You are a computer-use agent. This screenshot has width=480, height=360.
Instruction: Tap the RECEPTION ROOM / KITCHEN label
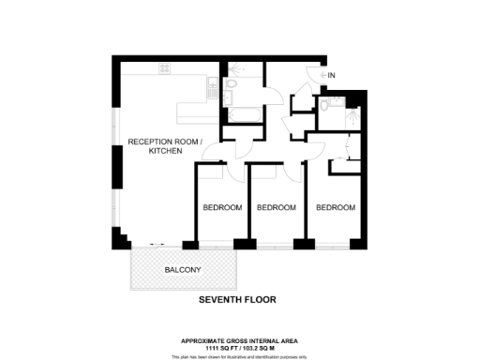(x=164, y=146)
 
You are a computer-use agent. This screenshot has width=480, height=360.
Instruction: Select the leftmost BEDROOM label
(x=222, y=207)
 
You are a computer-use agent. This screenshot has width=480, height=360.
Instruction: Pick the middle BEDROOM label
(x=277, y=207)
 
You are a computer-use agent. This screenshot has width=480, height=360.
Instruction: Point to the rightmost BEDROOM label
(x=336, y=207)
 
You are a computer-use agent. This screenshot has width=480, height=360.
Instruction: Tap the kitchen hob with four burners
(x=166, y=68)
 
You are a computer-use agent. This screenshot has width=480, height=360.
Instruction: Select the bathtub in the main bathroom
(x=243, y=113)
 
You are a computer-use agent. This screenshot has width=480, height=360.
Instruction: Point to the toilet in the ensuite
(x=322, y=106)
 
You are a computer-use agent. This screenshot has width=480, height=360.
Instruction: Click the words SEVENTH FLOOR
(x=237, y=301)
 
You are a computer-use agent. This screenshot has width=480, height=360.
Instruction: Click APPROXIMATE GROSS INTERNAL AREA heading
(x=237, y=340)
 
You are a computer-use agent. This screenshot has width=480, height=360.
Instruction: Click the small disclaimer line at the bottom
(x=237, y=356)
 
